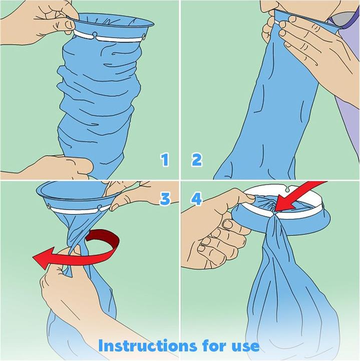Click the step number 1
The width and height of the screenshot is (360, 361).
[165, 160]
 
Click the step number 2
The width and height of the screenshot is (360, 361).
[197, 160]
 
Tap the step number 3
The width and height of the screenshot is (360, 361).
[165, 199]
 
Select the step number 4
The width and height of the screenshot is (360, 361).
[196, 199]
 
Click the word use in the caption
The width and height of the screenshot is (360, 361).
[245, 346]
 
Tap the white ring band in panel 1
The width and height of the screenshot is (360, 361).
[108, 36]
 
